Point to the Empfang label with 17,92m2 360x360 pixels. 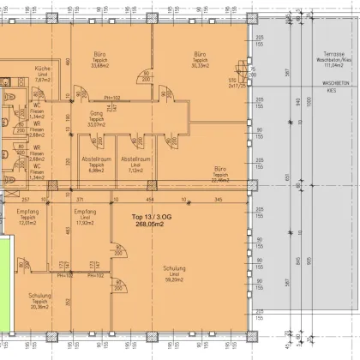tap(84, 210)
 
